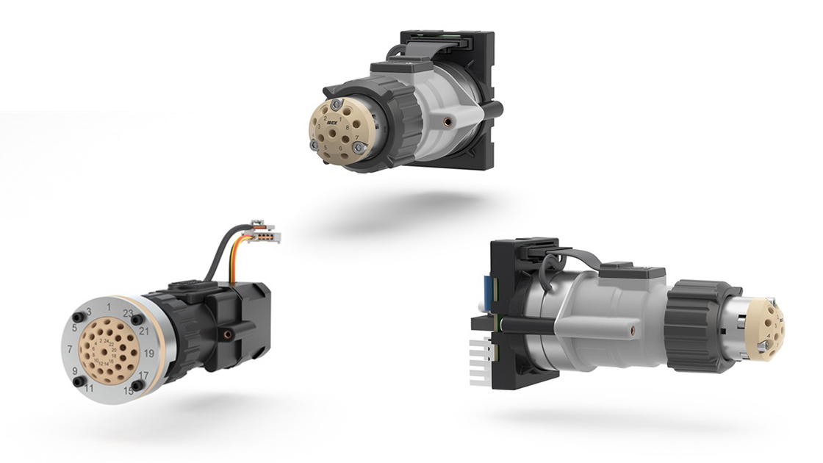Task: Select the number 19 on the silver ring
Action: (x=149, y=353)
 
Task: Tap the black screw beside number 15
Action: (x=137, y=384)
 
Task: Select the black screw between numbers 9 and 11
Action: (x=77, y=381)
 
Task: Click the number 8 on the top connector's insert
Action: (x=347, y=127)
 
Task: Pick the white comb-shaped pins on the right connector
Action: (x=480, y=366)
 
